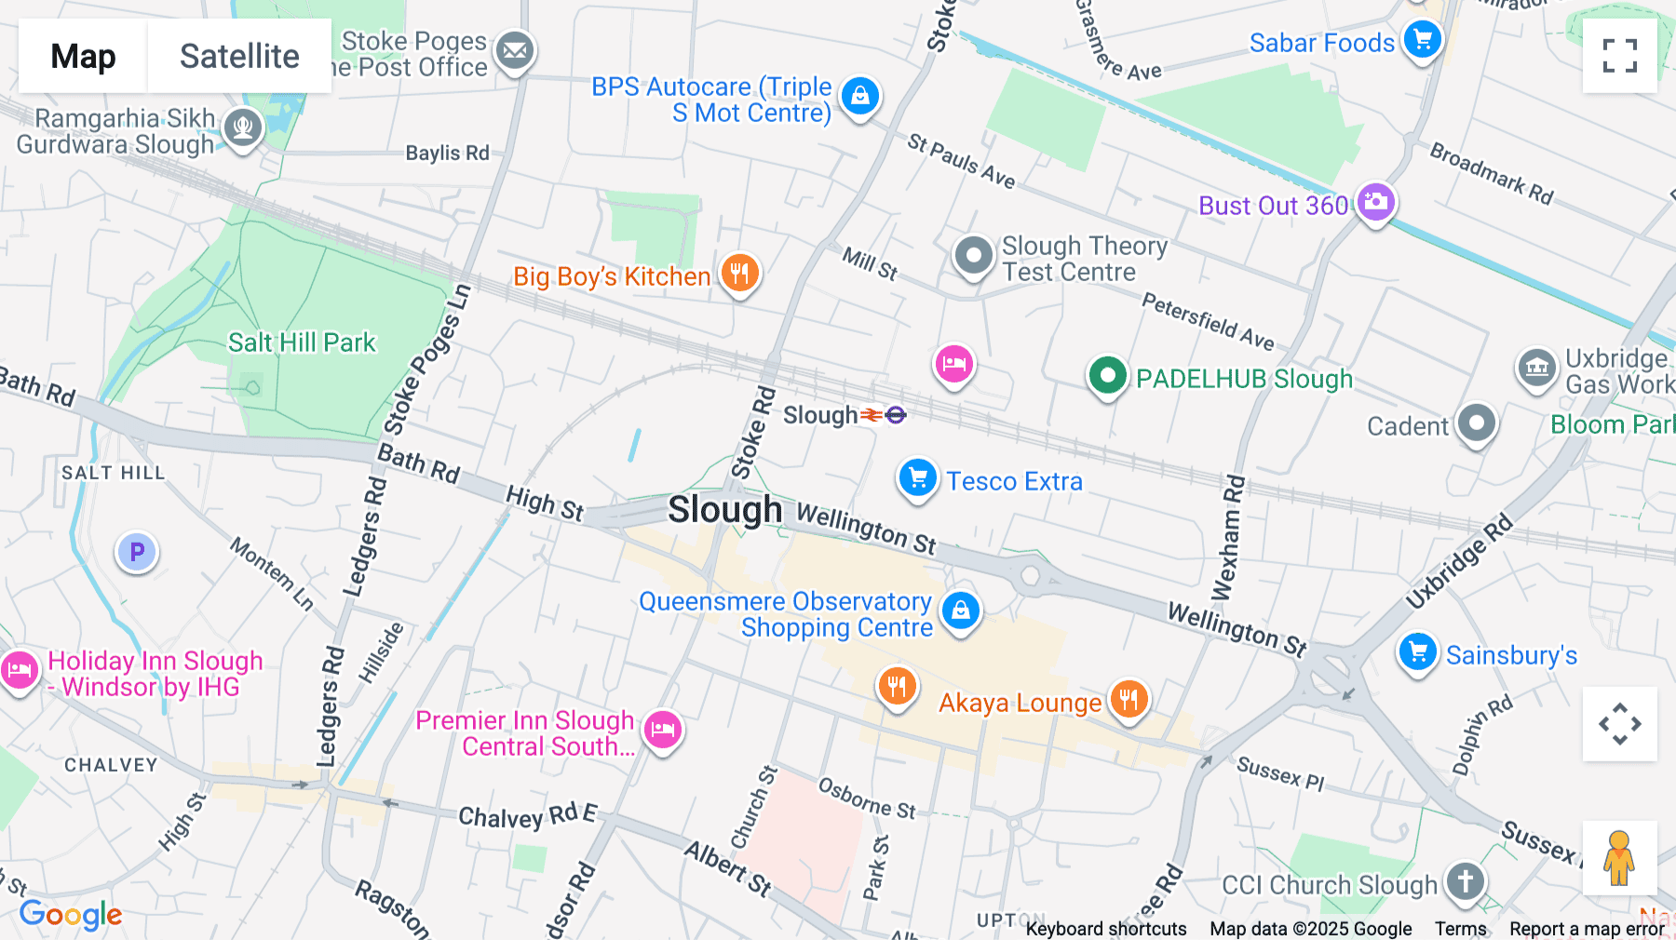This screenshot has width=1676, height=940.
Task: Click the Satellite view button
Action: (x=239, y=56)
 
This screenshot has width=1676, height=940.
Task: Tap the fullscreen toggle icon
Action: (x=1619, y=56)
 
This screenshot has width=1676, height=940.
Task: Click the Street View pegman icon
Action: (x=1619, y=857)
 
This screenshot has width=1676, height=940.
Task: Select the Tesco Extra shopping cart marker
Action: (x=917, y=478)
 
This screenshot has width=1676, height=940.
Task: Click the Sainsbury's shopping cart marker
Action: (x=1418, y=652)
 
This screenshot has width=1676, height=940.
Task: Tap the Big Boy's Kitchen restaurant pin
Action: (x=740, y=274)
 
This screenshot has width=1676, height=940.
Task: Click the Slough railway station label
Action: (x=820, y=415)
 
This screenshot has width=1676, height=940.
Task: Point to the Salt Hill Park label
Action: (x=302, y=342)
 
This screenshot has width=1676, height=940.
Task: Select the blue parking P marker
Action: (x=137, y=552)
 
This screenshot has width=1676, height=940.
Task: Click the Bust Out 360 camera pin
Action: (x=1375, y=202)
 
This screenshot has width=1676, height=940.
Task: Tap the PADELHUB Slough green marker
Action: (x=1107, y=376)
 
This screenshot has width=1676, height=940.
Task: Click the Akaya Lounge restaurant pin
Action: (x=1129, y=699)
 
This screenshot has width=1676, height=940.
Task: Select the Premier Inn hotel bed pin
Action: (x=663, y=730)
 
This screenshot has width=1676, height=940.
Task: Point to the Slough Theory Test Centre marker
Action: (x=974, y=255)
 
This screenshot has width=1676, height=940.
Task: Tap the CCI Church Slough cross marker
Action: (x=1465, y=880)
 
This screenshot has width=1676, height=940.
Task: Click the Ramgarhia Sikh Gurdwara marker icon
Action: (x=243, y=128)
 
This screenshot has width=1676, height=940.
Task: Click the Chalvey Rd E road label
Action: (x=527, y=816)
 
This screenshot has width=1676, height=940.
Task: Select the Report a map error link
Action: (x=1587, y=928)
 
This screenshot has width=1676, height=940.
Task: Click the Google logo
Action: (x=71, y=915)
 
